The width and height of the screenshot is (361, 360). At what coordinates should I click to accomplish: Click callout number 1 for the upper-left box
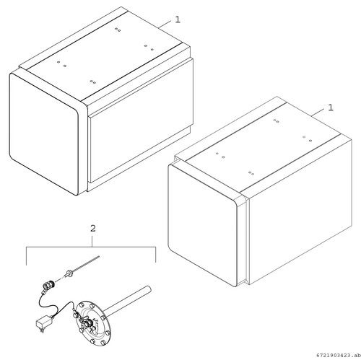178,19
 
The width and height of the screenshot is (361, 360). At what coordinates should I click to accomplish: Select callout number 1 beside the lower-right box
331,107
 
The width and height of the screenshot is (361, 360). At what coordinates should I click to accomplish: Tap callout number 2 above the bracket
92,228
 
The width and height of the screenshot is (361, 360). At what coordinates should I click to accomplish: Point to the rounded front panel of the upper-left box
44,133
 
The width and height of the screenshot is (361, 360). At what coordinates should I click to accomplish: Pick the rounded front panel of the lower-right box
203,225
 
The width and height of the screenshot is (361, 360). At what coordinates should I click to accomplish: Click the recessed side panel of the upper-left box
142,120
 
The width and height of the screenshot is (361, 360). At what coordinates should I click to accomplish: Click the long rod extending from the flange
128,301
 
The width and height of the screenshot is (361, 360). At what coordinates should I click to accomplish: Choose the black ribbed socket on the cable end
49,286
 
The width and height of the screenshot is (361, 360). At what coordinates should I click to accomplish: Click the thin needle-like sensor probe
84,264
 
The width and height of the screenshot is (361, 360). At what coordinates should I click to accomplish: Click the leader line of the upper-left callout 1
165,24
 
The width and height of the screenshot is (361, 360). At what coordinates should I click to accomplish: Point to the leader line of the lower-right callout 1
318,113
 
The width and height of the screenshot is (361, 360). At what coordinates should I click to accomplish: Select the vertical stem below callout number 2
92,241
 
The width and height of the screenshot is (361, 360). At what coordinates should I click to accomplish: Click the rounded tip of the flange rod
149,288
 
